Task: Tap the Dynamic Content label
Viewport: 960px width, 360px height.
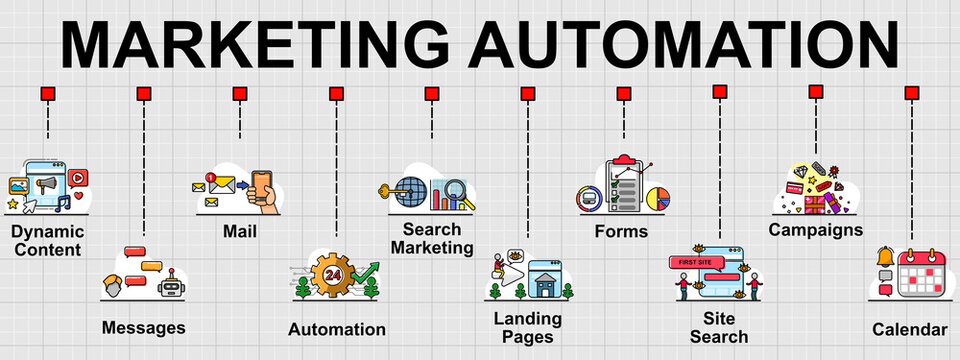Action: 47,240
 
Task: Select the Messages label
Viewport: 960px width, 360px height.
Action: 143,327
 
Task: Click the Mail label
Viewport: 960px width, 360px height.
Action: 240,232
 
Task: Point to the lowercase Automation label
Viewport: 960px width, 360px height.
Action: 336,329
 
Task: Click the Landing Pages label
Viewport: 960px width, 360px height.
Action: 528,327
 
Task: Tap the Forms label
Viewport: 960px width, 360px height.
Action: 621,231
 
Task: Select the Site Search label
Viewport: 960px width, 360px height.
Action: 719,327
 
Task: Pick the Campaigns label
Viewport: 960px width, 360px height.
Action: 815,230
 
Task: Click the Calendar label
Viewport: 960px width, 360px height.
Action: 909,329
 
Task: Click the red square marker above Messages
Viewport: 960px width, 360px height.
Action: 144,94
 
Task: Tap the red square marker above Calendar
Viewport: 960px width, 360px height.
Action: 911,93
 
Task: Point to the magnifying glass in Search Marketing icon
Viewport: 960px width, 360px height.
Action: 456,188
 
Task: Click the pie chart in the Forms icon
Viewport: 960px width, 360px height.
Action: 656,198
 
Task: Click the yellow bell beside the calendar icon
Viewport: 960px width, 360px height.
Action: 885,257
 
